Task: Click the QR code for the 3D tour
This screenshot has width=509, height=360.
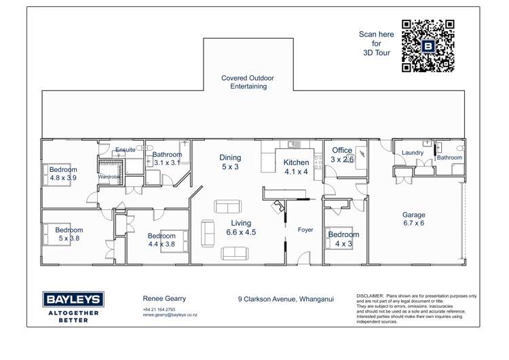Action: coord(428,46)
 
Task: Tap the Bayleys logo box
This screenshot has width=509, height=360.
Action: coord(73,300)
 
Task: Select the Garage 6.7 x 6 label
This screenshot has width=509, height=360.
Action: coord(413,219)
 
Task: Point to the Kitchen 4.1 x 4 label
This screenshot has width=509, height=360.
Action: coord(296,167)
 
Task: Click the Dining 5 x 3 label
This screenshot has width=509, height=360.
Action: coord(229,162)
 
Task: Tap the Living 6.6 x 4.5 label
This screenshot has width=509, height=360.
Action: coord(240,228)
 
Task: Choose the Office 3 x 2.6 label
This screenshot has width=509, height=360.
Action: coord(342,155)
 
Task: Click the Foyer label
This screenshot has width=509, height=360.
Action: coord(305,230)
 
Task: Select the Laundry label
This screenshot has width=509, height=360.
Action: coord(413,153)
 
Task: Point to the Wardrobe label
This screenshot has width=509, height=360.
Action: coord(109,177)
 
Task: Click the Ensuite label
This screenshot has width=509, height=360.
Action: coord(125,150)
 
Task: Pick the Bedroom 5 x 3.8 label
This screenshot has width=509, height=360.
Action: coord(69,234)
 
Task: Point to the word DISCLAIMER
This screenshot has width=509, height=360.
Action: coord(370,296)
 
